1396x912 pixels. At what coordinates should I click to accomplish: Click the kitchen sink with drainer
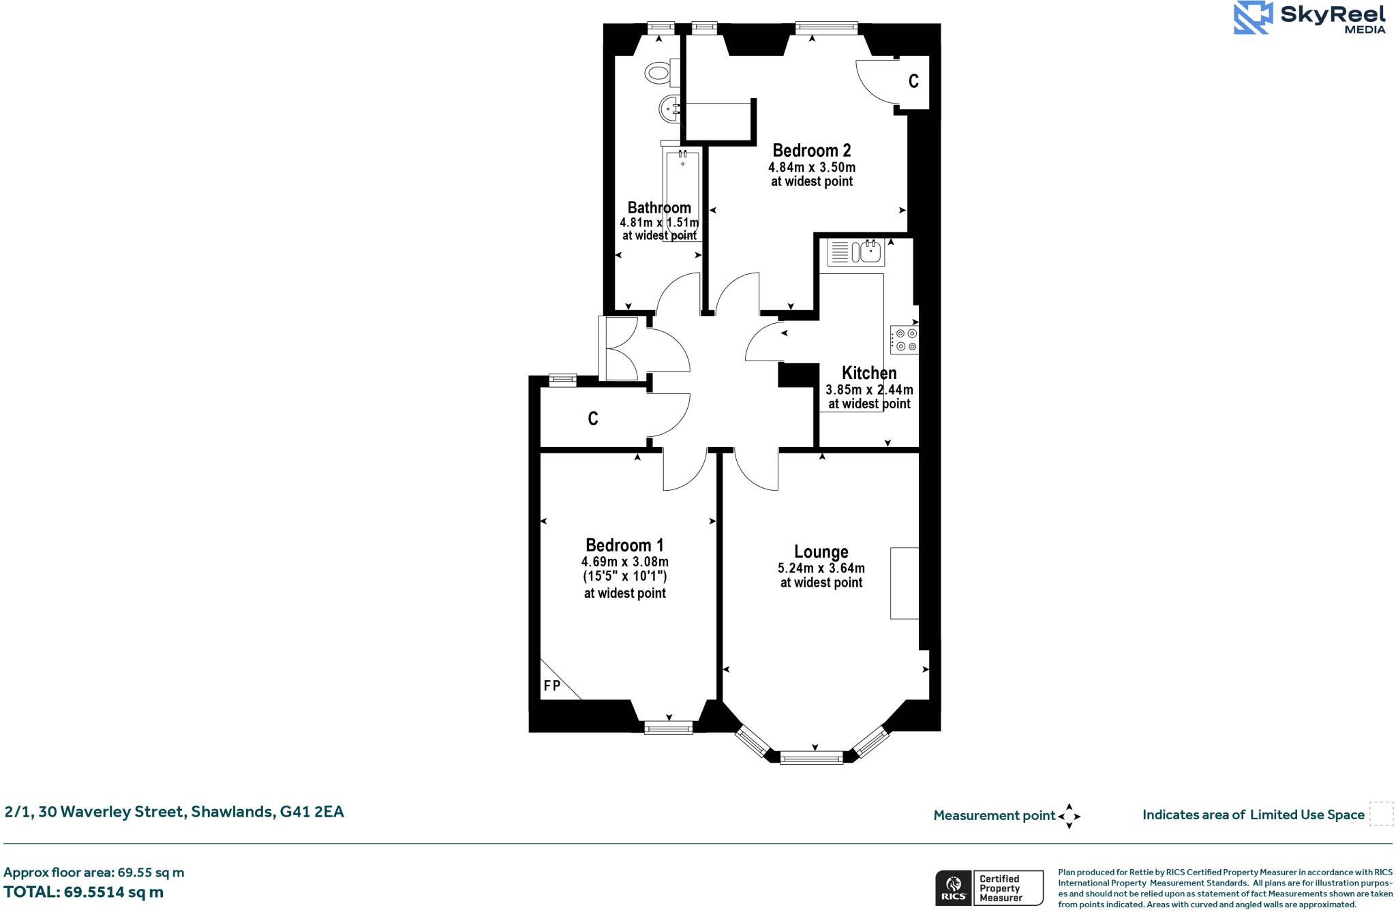(x=856, y=252)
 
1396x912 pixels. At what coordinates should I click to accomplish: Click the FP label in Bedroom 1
(x=551, y=686)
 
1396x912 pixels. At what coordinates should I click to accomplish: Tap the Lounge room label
(x=821, y=552)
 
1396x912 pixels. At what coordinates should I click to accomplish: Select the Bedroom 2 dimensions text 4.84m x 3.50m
(x=811, y=167)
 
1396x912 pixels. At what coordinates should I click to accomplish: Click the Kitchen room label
(x=869, y=373)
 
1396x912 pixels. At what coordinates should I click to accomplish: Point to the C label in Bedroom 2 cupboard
(x=913, y=81)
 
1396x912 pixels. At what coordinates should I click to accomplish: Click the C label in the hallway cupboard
(x=593, y=419)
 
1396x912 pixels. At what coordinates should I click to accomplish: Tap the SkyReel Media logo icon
(x=1253, y=18)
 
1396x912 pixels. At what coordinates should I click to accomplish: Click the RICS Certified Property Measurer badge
(x=988, y=887)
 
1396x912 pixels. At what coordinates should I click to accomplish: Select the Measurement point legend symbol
(x=1069, y=816)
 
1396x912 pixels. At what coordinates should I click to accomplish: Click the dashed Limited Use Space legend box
(x=1381, y=815)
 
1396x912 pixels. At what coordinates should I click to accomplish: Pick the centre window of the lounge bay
(x=811, y=757)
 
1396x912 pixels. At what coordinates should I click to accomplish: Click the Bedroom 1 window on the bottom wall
(x=668, y=727)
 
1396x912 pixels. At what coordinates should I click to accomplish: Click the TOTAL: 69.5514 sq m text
(x=83, y=892)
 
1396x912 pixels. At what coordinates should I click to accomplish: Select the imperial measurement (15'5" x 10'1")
(x=624, y=577)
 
